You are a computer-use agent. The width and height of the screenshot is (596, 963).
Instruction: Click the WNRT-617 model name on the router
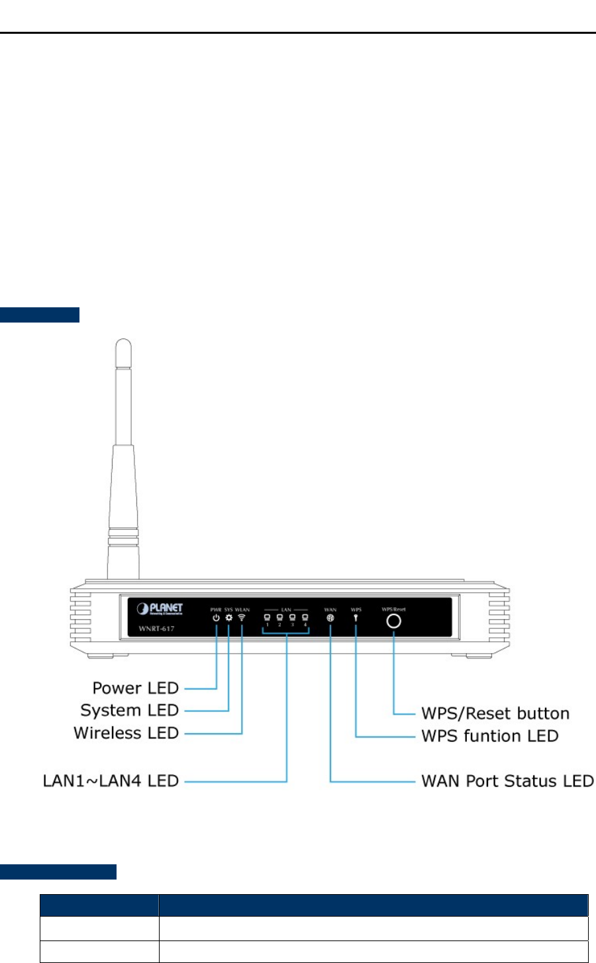point(156,628)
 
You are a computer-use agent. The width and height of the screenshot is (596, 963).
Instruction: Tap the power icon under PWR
point(216,619)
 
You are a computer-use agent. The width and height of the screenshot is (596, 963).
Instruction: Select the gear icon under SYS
point(228,619)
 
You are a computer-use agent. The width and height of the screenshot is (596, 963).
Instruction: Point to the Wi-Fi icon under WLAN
point(242,618)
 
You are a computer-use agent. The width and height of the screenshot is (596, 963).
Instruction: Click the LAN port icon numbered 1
point(268,617)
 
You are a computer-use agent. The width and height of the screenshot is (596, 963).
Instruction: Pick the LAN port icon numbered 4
point(305,617)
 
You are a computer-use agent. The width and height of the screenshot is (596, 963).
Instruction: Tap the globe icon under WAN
point(330,618)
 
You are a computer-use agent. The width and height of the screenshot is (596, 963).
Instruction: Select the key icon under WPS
point(356,619)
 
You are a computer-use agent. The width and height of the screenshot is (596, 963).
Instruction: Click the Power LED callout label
point(136,688)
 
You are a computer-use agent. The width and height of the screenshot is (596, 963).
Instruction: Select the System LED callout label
point(130,711)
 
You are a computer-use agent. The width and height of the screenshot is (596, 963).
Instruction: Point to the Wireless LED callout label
point(126,733)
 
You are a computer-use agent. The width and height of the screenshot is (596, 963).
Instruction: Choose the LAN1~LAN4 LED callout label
point(111,782)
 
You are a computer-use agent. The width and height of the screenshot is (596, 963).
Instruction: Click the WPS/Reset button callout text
point(495,713)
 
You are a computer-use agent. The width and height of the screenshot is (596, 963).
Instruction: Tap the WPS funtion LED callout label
point(490,736)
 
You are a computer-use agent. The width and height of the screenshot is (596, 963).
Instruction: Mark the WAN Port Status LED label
point(507,782)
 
